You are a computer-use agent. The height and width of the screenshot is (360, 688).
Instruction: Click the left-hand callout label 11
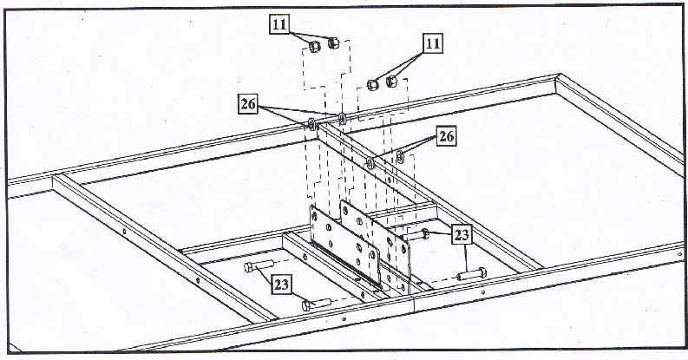point(279,24)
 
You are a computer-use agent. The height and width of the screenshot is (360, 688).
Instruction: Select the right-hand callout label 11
point(433,43)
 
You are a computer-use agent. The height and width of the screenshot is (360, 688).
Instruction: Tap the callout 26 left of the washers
point(248,104)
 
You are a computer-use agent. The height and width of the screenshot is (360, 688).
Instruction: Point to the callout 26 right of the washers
point(446,136)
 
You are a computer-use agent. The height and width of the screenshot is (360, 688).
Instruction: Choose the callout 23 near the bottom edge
point(282,285)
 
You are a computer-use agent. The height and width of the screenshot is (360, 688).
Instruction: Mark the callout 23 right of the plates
point(462,235)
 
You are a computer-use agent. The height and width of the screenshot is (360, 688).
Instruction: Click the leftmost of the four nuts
point(315,47)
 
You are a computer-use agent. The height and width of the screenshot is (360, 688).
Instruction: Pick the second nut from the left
point(333,43)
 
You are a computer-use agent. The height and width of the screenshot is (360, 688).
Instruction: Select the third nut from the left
point(373,85)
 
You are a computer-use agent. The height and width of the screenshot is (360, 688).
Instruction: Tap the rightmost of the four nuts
point(392,82)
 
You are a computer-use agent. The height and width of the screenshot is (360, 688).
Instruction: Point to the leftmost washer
point(311,125)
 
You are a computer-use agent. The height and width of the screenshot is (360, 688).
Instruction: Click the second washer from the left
point(342,118)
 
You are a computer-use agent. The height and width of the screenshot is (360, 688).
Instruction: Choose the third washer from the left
point(370,163)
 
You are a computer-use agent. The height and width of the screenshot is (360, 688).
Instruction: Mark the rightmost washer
point(400,156)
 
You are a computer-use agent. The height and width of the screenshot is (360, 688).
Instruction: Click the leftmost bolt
point(259,265)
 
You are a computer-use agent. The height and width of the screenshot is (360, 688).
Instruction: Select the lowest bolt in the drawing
point(317,304)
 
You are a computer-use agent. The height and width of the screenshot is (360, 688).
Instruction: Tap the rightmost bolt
point(472,274)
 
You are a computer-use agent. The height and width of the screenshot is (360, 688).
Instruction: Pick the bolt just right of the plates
point(416,235)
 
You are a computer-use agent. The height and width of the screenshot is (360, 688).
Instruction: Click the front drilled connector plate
point(345,246)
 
